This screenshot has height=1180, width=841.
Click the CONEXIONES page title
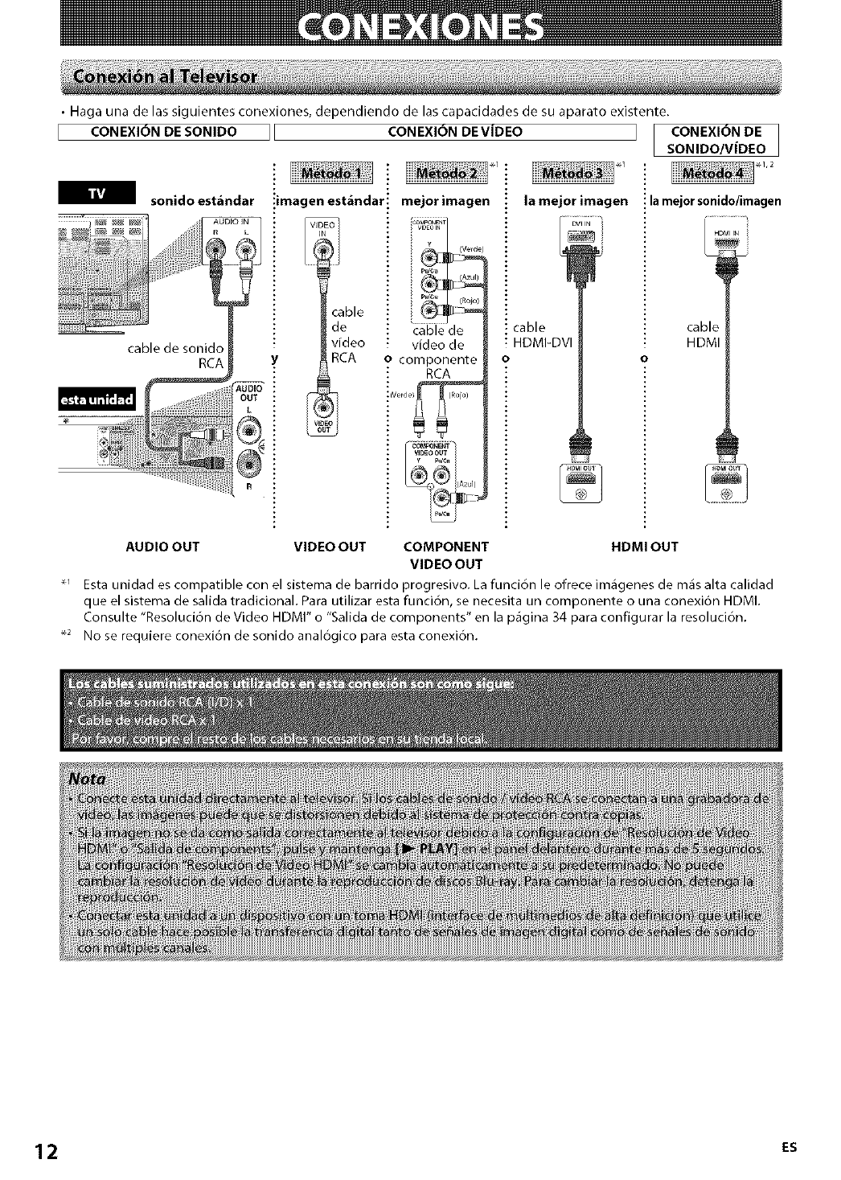point(420,31)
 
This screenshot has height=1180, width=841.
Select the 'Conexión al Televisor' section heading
point(165,77)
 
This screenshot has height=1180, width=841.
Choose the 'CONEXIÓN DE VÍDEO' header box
point(455,132)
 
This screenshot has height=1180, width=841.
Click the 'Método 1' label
point(330,174)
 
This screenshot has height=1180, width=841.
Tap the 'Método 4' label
point(712,174)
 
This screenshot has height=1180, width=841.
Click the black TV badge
point(96,195)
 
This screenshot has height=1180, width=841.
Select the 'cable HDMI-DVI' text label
point(542,335)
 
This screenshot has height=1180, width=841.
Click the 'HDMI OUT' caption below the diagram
point(645,547)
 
